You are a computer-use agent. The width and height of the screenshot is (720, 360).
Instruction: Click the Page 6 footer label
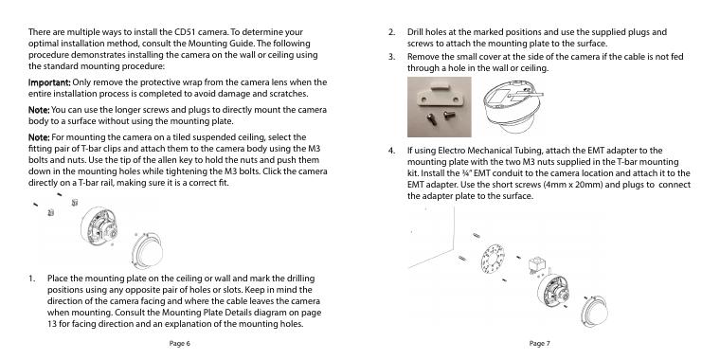pyautogui.click(x=180, y=344)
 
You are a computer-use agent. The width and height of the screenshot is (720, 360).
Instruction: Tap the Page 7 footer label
pyautogui.click(x=540, y=344)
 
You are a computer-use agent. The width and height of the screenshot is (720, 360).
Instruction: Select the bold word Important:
pyautogui.click(x=49, y=82)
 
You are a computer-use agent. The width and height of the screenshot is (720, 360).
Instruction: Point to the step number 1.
pyautogui.click(x=31, y=279)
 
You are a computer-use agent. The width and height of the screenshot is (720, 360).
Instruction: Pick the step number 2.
pyautogui.click(x=391, y=32)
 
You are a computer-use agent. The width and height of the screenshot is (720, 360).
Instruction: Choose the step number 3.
pyautogui.click(x=391, y=57)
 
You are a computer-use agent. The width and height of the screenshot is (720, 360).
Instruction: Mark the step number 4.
pyautogui.click(x=391, y=151)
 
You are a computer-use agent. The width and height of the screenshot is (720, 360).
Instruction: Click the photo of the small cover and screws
pyautogui.click(x=439, y=107)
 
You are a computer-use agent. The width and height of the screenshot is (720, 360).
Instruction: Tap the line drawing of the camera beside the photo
pyautogui.click(x=512, y=107)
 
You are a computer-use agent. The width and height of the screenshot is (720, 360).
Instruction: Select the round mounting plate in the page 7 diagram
pyautogui.click(x=492, y=259)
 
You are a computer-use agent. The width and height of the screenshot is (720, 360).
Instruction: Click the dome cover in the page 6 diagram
pyautogui.click(x=147, y=250)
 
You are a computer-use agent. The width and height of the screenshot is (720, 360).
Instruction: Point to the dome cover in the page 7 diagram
pyautogui.click(x=595, y=312)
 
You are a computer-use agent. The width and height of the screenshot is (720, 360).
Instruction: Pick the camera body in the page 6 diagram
pyautogui.click(x=99, y=227)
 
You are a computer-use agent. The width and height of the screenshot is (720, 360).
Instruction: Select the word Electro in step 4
pyautogui.click(x=451, y=151)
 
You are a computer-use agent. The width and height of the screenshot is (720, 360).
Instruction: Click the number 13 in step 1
pyautogui.click(x=51, y=324)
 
